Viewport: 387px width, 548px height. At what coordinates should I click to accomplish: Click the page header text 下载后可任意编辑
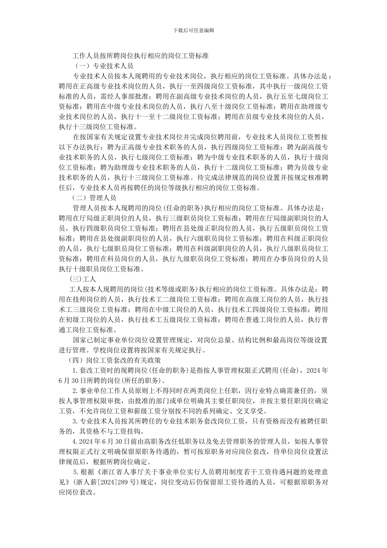tap(194, 30)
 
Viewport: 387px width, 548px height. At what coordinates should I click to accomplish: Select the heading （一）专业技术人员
tap(102, 66)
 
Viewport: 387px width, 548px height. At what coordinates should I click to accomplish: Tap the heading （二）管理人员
tap(95, 197)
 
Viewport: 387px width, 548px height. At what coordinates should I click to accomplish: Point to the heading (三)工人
tap(83, 279)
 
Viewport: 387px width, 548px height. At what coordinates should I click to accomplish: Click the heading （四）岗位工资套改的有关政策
tap(115, 360)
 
